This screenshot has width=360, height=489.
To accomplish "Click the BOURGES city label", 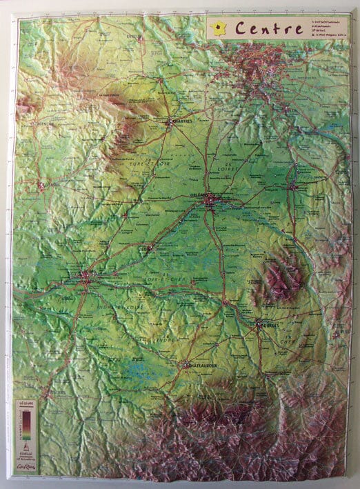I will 269,326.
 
